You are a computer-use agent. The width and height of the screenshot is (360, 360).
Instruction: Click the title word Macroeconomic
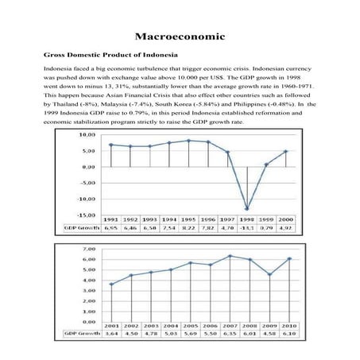pos(180,37)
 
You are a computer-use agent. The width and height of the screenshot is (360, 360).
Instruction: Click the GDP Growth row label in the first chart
pos(80,227)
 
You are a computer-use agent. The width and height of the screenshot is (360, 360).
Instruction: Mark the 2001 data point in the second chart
pos(111,284)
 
